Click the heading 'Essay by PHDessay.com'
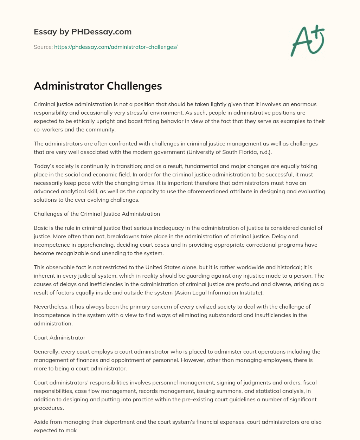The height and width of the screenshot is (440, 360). coord(83,32)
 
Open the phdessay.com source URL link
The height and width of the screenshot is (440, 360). coord(116,47)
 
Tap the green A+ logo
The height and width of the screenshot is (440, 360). coord(307,40)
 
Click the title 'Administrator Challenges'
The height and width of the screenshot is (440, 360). coord(98,86)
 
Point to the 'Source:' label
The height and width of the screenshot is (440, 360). coord(43,47)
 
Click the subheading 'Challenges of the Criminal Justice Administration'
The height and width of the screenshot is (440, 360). coord(97,214)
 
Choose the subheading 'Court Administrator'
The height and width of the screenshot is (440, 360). coord(59,337)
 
